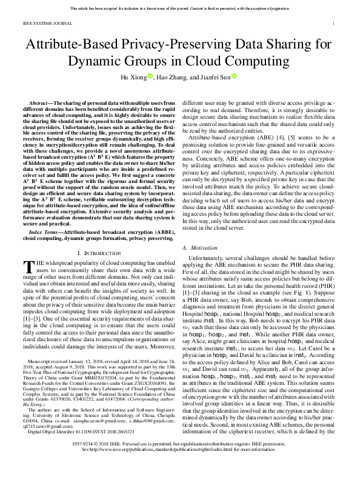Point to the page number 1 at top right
point(334,24)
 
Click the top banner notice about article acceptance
point(180,8)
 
